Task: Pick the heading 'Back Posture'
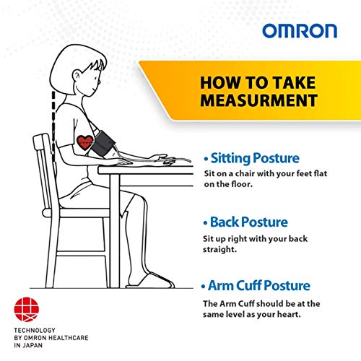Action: (x=249, y=222)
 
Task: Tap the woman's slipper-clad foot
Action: (x=152, y=279)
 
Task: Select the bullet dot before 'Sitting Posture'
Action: (x=206, y=158)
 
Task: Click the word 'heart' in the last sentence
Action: (x=299, y=316)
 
